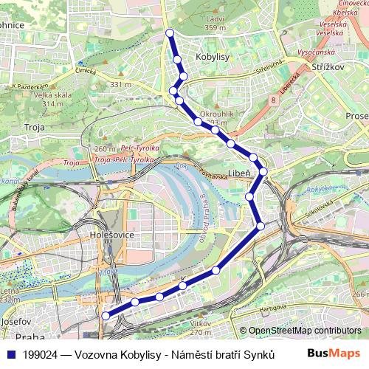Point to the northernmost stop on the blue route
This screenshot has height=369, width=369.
[170, 32]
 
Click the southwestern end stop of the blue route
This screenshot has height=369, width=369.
[106, 316]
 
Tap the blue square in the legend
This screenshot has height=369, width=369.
[10, 354]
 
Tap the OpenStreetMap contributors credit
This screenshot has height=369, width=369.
[304, 331]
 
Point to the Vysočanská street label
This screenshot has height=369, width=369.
[317, 52]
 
